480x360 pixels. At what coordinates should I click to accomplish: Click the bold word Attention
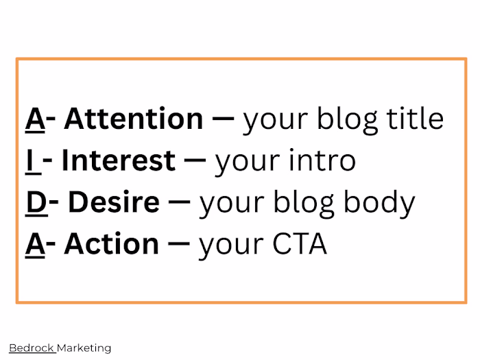tap(134, 119)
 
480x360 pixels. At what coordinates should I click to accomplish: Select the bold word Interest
tap(118, 160)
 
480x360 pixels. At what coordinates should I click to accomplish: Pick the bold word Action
tap(111, 244)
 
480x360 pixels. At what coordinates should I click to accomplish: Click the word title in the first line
tap(414, 119)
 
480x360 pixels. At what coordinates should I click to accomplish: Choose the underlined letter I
tap(30, 160)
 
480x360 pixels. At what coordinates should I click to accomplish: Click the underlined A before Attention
tap(35, 119)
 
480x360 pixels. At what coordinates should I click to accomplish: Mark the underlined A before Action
tap(35, 244)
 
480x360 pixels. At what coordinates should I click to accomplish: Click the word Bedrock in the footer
tap(31, 348)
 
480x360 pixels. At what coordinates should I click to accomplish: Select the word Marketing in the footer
tap(84, 348)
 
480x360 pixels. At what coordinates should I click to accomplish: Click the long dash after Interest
tap(195, 161)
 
